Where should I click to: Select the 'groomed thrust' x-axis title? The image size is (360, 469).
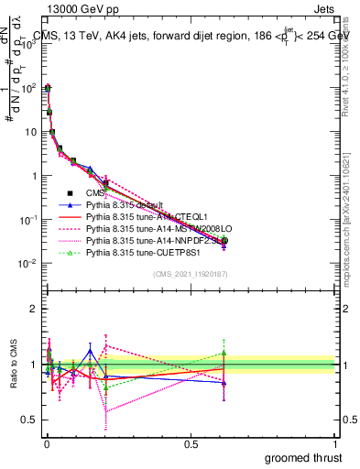click(305, 456)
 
